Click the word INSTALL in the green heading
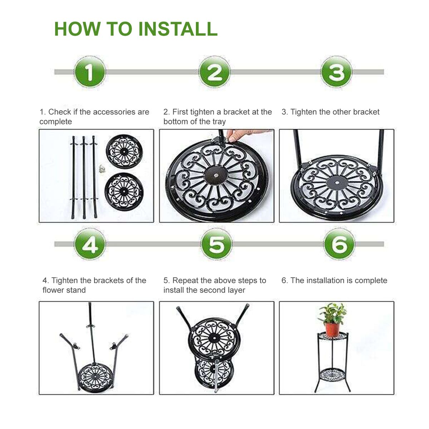178,29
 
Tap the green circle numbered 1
90,72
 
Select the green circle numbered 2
214,72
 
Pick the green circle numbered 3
336,72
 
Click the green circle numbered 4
90,244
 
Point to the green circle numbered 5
217,244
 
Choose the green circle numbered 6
339,244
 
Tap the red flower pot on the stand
332,330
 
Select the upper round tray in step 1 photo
124,151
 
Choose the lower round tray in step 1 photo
124,192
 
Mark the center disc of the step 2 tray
215,176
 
